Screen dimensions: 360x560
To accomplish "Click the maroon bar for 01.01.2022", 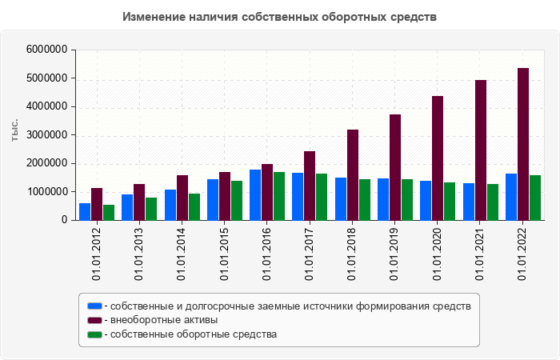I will tap(523, 144).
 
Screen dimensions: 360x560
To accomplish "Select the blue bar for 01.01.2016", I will tap(255, 194).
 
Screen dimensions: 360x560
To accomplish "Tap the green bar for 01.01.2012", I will tap(109, 212).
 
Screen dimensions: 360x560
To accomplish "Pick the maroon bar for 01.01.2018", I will tap(353, 174).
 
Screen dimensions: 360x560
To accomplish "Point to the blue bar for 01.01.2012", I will tap(85, 211).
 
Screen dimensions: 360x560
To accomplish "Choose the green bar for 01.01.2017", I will tap(322, 197).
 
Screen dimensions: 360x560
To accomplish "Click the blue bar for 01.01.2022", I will tap(511, 197).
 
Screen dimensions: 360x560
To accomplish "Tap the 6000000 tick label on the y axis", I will tap(46, 50).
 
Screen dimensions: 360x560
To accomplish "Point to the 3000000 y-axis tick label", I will tap(46, 135).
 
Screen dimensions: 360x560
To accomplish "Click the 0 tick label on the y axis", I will tap(63, 220).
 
